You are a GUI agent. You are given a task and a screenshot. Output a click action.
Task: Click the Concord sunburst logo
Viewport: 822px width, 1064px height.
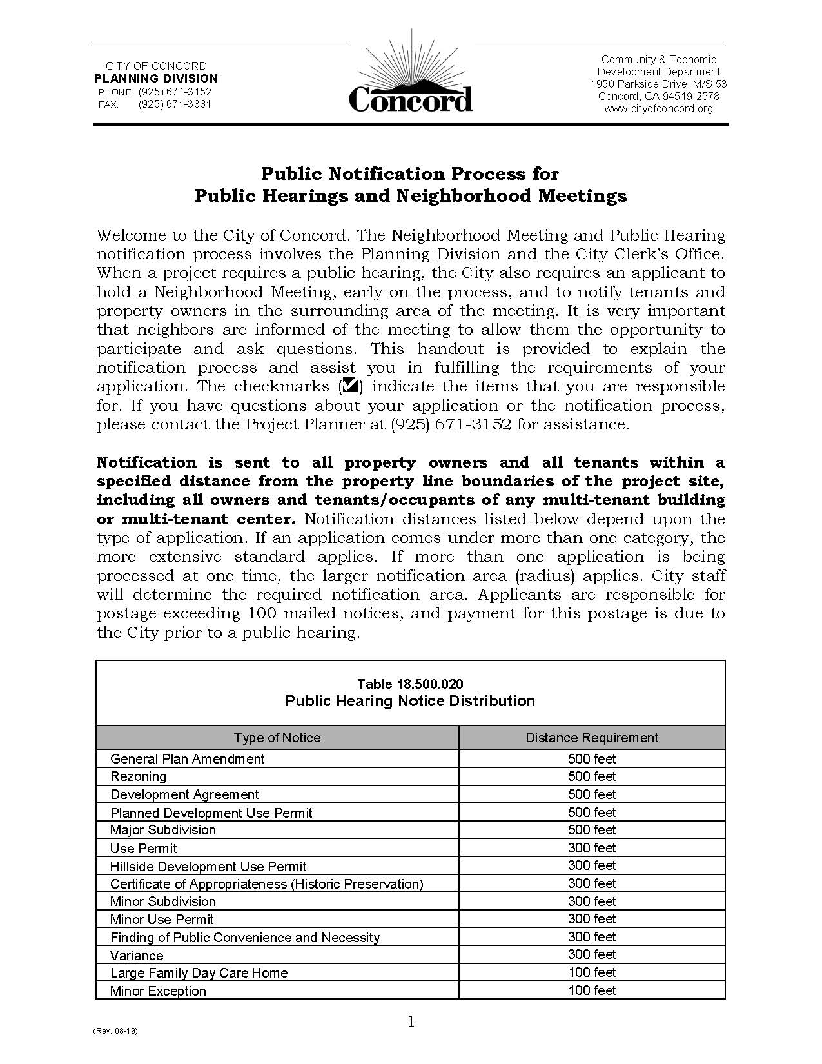tap(411, 77)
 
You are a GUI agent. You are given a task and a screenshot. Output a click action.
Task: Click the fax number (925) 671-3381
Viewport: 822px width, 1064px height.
tap(174, 104)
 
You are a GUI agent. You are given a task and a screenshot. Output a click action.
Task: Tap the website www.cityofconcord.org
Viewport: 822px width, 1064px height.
tap(658, 108)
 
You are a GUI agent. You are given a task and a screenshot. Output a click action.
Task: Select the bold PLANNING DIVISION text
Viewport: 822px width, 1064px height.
tap(156, 78)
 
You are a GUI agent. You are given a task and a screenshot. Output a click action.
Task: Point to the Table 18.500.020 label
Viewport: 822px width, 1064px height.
tap(410, 684)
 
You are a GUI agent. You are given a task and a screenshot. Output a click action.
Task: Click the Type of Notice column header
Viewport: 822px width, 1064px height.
tap(277, 738)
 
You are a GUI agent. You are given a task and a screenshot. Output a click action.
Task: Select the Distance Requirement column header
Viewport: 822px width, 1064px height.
tap(591, 738)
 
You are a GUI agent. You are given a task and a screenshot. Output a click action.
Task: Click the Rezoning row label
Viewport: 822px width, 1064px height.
tap(138, 776)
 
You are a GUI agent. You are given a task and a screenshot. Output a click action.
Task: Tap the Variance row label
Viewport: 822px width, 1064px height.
tap(137, 955)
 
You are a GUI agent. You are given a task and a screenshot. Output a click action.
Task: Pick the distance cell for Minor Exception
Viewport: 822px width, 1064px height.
tap(591, 990)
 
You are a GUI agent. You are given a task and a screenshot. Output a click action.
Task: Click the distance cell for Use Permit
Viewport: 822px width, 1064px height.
tap(591, 848)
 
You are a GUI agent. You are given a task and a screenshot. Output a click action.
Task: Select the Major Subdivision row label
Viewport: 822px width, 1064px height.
tap(162, 830)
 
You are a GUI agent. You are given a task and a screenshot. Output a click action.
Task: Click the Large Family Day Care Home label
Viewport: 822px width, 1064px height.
tap(199, 972)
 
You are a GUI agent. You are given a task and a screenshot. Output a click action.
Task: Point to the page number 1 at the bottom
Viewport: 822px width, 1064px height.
tap(411, 1021)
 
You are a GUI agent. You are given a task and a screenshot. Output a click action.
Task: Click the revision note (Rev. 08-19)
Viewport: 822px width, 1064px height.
tap(115, 1030)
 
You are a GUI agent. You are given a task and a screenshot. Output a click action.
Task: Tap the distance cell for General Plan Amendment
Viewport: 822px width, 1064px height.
tap(591, 759)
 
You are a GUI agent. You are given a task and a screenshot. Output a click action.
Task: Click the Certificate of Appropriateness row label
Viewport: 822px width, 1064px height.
tap(266, 883)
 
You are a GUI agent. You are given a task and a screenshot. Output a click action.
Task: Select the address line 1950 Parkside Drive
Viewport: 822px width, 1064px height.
tap(658, 84)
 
